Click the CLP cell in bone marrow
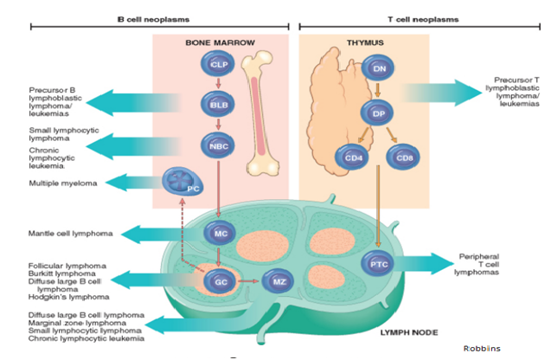point(218,64)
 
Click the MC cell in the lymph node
point(218,233)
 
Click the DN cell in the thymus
point(379,67)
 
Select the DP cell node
point(379,112)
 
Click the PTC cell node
point(379,263)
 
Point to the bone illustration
point(263,112)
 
